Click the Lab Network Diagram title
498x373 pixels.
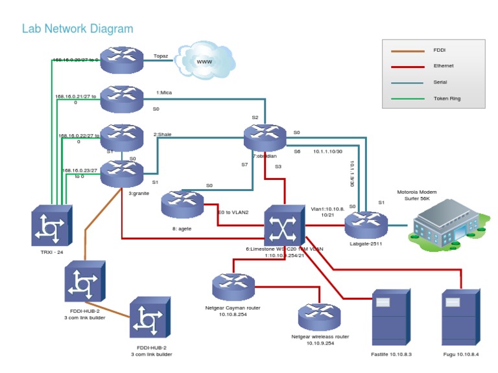coord(77,29)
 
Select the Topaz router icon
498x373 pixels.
coord(121,60)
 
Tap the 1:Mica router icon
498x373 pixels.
coord(121,98)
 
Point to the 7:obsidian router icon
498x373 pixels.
coord(265,137)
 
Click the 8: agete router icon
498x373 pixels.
coord(182,204)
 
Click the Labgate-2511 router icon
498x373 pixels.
coord(366,225)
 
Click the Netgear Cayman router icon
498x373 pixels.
coord(233,286)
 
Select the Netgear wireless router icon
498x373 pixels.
coord(319,316)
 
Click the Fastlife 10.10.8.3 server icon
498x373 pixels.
coord(391,317)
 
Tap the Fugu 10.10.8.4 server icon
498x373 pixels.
coord(460,317)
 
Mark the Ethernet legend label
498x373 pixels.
coord(444,66)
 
